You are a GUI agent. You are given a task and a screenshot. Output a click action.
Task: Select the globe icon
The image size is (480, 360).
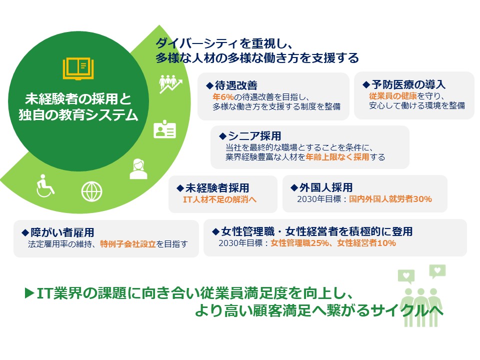click(x=91, y=190)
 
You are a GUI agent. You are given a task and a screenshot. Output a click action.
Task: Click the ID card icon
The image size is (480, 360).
click(x=165, y=129)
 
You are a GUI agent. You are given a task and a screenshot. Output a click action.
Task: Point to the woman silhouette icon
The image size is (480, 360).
click(x=138, y=168)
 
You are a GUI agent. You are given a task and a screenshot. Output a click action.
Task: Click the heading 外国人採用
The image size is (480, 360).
click(x=325, y=187)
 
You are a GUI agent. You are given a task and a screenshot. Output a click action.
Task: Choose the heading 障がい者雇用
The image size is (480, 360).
click(x=62, y=232)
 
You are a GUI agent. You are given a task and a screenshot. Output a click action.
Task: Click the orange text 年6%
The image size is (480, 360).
click(x=220, y=96)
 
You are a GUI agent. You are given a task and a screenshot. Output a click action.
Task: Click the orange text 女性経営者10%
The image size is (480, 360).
click(x=366, y=243)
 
